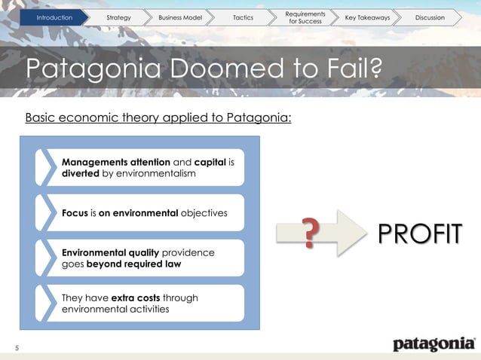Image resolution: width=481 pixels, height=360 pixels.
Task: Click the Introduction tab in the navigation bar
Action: [x=55, y=17]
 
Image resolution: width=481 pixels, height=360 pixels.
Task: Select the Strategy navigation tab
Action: [x=119, y=17]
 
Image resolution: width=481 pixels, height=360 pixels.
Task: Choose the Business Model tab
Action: [x=180, y=17]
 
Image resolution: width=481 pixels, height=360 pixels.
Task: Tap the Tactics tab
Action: [x=244, y=17]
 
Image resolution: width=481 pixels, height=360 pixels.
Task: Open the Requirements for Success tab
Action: [x=306, y=17]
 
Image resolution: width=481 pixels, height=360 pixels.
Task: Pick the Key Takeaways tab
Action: [x=367, y=17]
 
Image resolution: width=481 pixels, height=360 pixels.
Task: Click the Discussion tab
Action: [x=430, y=17]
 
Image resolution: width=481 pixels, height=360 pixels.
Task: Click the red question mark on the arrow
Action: [x=308, y=232]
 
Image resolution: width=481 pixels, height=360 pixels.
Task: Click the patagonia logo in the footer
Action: [x=434, y=344]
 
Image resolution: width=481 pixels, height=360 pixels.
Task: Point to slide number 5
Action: [x=17, y=346]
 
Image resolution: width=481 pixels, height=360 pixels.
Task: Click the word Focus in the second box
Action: [x=75, y=213]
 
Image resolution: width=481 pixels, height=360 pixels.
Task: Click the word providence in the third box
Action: [x=188, y=252]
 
